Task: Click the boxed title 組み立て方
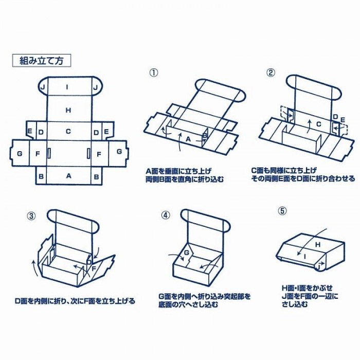pyautogui.click(x=41, y=60)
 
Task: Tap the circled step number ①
pyautogui.click(x=153, y=72)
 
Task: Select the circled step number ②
pyautogui.click(x=271, y=72)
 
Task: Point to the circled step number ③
pyautogui.click(x=32, y=215)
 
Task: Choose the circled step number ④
pyautogui.click(x=165, y=215)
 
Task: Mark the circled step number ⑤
pyautogui.click(x=281, y=211)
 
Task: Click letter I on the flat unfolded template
pyautogui.click(x=68, y=87)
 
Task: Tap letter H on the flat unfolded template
pyautogui.click(x=68, y=109)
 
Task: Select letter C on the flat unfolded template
pyautogui.click(x=68, y=132)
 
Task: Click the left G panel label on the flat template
pyautogui.click(x=20, y=153)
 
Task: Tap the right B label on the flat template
pyautogui.click(x=96, y=176)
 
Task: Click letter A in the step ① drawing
pyautogui.click(x=188, y=139)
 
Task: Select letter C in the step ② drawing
pyautogui.click(x=319, y=124)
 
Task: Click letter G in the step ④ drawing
pyautogui.click(x=188, y=253)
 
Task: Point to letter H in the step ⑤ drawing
pyautogui.click(x=317, y=245)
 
